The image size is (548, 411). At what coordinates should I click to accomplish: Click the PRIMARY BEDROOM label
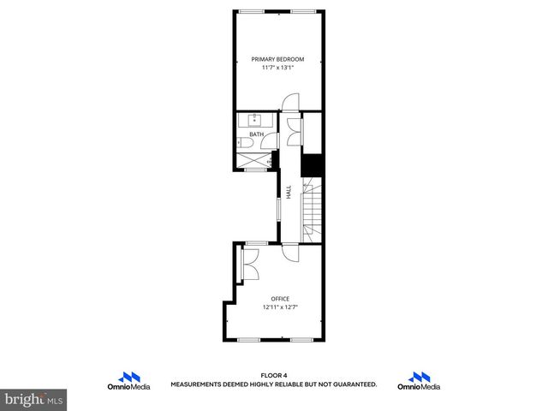(277, 59)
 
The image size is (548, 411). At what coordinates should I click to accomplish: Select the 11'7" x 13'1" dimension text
(277, 68)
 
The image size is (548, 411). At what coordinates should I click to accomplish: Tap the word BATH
(256, 134)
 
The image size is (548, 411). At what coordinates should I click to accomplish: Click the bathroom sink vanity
(255, 120)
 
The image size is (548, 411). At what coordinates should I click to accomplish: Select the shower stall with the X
(255, 160)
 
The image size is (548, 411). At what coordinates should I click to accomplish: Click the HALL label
(289, 193)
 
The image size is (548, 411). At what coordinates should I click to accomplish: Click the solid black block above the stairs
(311, 164)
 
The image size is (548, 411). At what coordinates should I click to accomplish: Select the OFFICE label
(280, 298)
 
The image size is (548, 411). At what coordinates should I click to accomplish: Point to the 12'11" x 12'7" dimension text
(280, 307)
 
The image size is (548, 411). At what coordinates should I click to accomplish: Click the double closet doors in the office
(252, 264)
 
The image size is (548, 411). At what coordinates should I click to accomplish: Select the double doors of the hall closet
(295, 133)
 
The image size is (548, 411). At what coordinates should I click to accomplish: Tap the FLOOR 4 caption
(273, 375)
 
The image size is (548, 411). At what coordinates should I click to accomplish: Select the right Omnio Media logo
(419, 381)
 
